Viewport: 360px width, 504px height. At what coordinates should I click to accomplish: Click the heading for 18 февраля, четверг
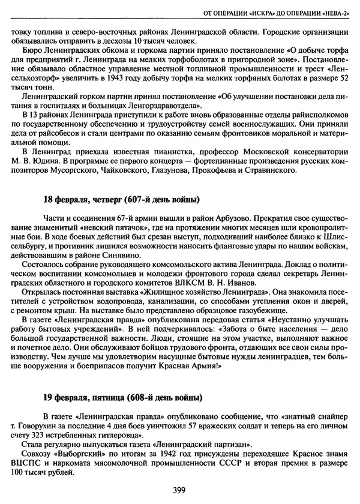coord(121,199)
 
